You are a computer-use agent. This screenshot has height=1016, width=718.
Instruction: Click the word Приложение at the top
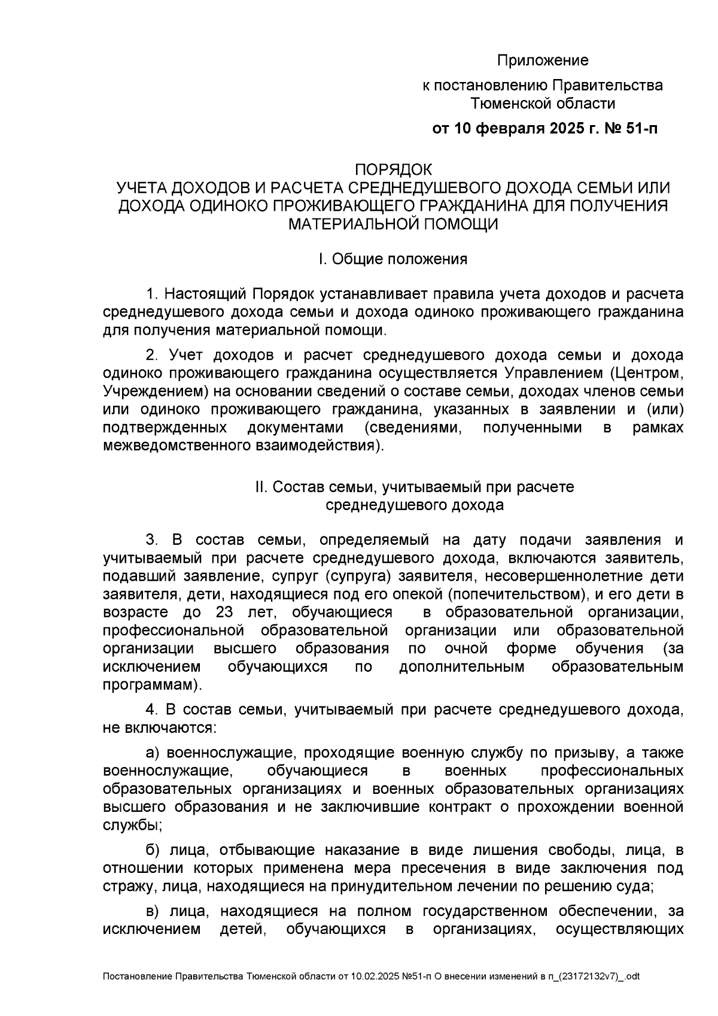tap(543, 60)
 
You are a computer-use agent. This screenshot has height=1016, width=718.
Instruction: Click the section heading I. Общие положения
tap(393, 259)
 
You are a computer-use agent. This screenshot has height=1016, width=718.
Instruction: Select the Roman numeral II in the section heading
tap(260, 487)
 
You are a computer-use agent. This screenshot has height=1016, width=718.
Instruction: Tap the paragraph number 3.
tap(152, 540)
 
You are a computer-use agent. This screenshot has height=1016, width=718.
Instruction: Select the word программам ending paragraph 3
tap(150, 684)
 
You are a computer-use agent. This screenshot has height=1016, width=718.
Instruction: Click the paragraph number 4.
tap(152, 710)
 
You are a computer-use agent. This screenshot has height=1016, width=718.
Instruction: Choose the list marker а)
tap(153, 753)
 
